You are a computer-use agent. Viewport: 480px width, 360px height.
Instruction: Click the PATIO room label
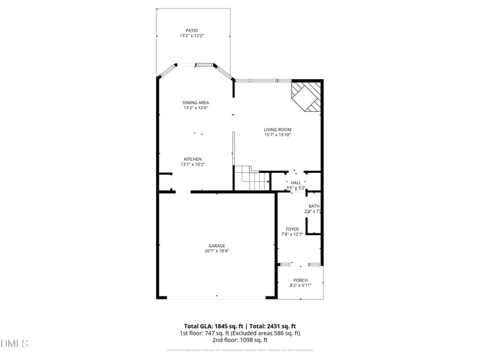tap(191, 31)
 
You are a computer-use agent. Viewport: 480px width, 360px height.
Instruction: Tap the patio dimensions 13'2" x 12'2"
tap(191, 36)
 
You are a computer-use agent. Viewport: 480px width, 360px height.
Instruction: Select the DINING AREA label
tap(196, 103)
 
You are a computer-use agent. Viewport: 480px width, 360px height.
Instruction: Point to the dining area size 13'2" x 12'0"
tap(196, 108)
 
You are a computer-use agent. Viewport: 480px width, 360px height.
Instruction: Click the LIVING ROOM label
tap(277, 130)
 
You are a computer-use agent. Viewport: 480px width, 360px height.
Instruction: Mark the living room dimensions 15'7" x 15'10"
tap(277, 135)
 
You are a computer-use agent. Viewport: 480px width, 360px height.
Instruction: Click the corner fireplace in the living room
tap(308, 96)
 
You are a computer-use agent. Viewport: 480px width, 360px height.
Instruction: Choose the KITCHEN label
tap(193, 159)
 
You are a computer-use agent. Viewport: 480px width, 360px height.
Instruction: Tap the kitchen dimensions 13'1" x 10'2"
tap(193, 164)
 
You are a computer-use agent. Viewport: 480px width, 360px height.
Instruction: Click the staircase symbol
tap(251, 178)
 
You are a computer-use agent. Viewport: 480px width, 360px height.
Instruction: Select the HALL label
tap(296, 182)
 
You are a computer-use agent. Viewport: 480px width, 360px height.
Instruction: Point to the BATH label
tap(314, 206)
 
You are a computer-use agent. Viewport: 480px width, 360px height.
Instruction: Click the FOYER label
tap(292, 229)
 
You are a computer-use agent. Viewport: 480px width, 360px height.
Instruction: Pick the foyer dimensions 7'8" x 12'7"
tap(292, 234)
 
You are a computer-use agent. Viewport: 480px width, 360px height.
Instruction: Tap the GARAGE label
tap(217, 245)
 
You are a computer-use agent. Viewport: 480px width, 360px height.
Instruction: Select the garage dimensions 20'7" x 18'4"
tap(217, 251)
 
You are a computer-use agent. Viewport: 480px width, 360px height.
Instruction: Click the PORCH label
tap(300, 280)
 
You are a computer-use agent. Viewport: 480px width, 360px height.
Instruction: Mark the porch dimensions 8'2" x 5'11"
tap(300, 286)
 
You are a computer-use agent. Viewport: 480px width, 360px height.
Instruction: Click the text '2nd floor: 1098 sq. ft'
tap(240, 340)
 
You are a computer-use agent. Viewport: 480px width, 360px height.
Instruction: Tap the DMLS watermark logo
tap(14, 344)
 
